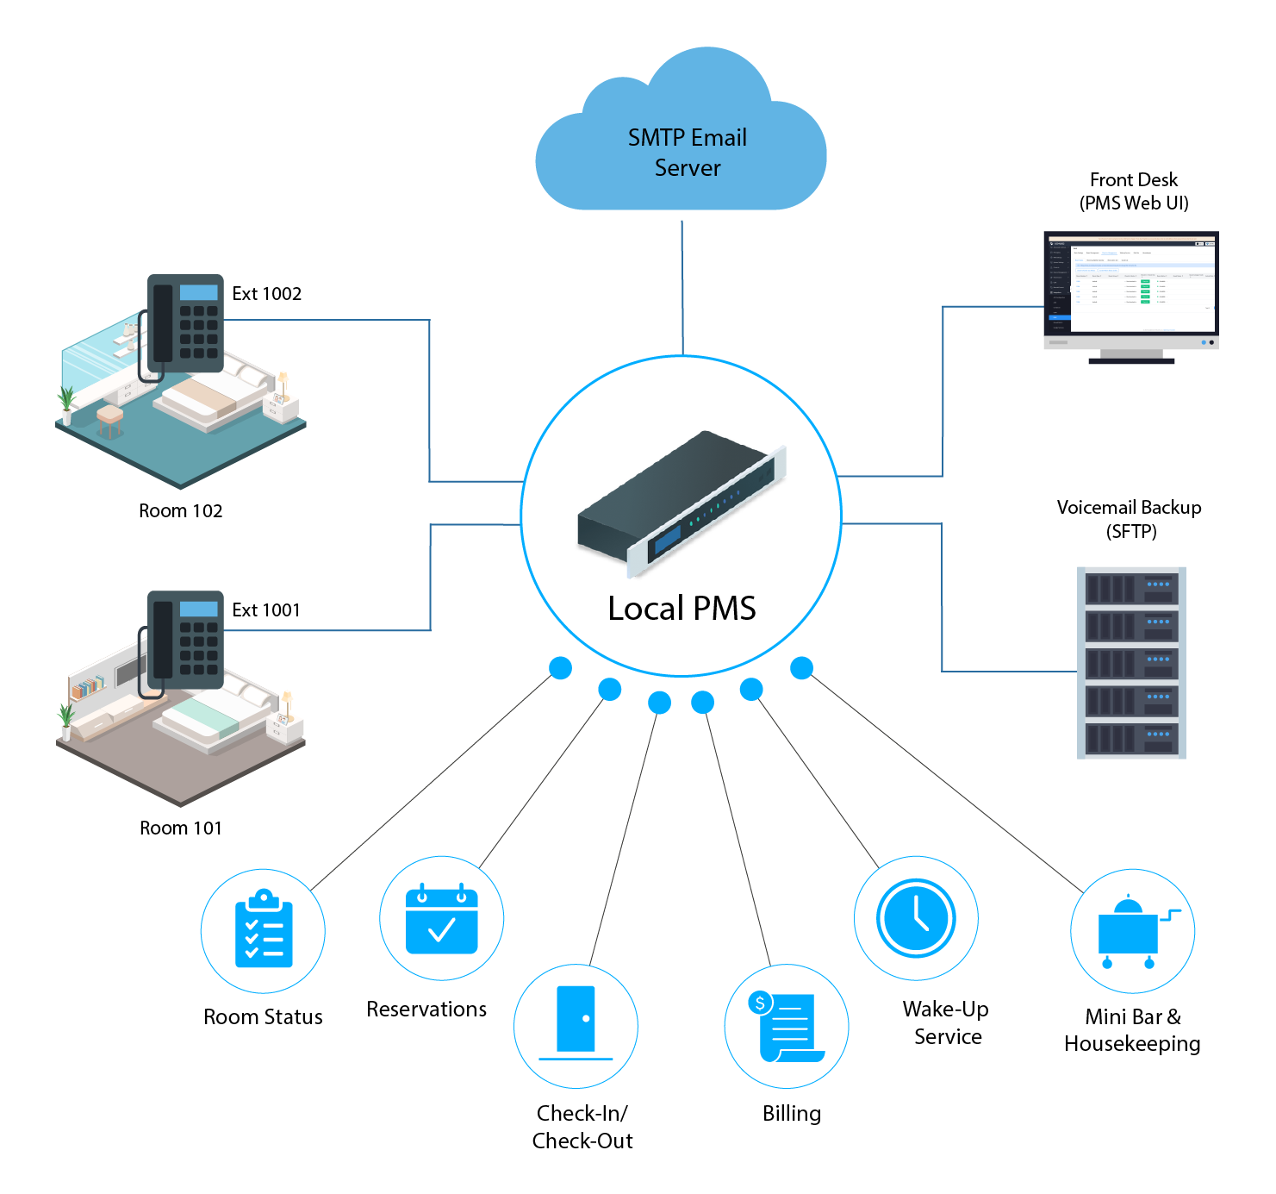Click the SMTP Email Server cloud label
(x=687, y=153)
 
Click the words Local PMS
(x=682, y=609)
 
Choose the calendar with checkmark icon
(x=441, y=919)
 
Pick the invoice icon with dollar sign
(x=786, y=1027)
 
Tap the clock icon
(x=916, y=918)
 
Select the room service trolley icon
(x=1131, y=933)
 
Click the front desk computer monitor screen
(x=1130, y=284)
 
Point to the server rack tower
(x=1133, y=669)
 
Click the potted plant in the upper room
(x=65, y=405)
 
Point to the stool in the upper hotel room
(x=109, y=420)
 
